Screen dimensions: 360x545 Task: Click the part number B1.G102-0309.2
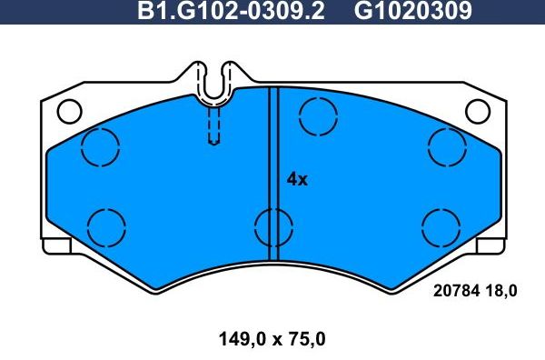pos(233,12)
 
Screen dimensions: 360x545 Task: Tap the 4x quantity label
pos(297,179)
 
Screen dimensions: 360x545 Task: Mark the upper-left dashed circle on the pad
pos(101,146)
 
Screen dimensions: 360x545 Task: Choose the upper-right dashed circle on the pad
pos(447,146)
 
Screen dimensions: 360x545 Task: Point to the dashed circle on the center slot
pos(272,225)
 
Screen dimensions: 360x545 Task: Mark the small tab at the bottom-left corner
pos(56,245)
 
